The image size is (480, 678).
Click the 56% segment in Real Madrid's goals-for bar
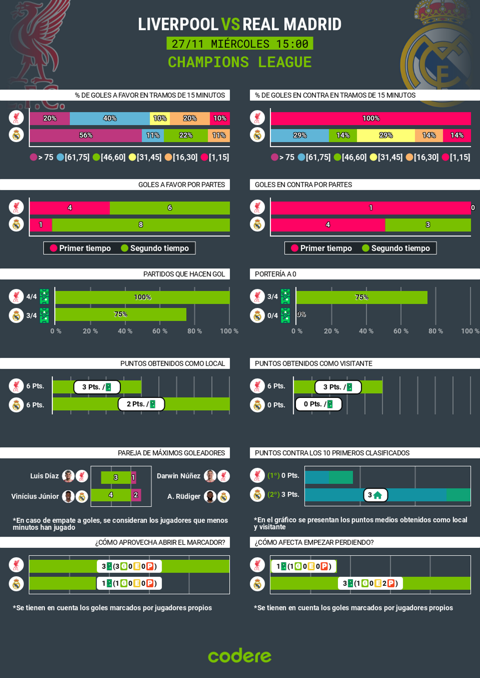tap(86, 135)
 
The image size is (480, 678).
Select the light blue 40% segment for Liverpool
tap(110, 118)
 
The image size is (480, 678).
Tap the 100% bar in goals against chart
tap(370, 118)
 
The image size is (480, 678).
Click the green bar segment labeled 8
tap(141, 225)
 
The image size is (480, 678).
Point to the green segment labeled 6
tap(170, 208)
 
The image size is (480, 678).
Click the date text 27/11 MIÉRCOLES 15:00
tap(240, 44)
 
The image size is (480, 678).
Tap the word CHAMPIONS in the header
tap(208, 62)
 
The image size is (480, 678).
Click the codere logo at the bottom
tap(240, 656)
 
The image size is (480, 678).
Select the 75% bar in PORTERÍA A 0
tap(362, 297)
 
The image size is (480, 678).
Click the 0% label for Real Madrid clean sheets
tap(301, 314)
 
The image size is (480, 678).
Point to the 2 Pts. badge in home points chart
tap(141, 404)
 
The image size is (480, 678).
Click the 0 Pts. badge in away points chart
tap(318, 404)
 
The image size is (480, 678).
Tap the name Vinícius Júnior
tap(35, 496)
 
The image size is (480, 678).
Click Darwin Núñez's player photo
tap(210, 476)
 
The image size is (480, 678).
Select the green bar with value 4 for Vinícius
tap(111, 495)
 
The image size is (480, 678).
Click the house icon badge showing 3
tap(375, 495)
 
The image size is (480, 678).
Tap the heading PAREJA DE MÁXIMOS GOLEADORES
tap(171, 453)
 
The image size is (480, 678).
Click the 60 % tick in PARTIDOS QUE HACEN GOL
tap(160, 331)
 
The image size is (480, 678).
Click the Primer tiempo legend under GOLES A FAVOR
tap(80, 248)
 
